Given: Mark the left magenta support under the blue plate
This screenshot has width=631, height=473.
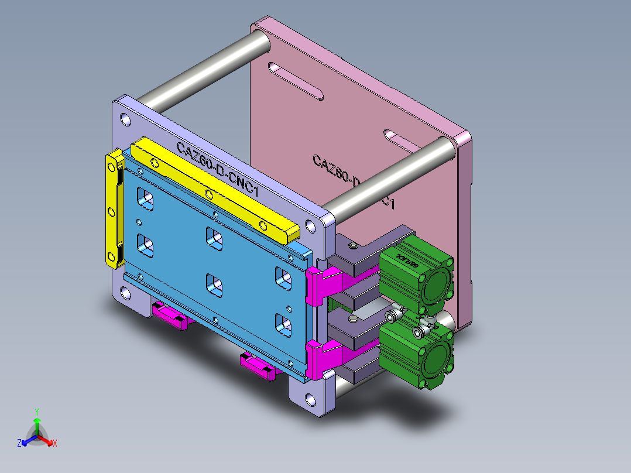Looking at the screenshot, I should pyautogui.click(x=170, y=316).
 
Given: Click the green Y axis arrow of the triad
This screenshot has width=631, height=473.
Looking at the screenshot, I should pyautogui.click(x=36, y=421).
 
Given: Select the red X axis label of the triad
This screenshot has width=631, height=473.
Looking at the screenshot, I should pyautogui.click(x=55, y=444).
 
